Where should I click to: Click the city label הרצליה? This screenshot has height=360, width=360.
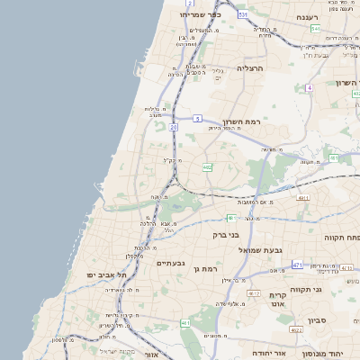pyautogui.click(x=249, y=68)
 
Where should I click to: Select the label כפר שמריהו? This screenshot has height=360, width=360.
pyautogui.click(x=200, y=14)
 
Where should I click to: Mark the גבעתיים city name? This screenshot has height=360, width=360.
pyautogui.click(x=170, y=263)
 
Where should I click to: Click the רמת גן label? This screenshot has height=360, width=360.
pyautogui.click(x=206, y=269)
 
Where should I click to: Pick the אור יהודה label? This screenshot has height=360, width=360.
pyautogui.click(x=266, y=352)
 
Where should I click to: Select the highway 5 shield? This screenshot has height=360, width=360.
pyautogui.click(x=197, y=118)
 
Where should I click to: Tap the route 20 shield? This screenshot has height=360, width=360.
pyautogui.click(x=173, y=127)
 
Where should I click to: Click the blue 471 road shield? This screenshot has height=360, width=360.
pyautogui.click(x=297, y=265)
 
